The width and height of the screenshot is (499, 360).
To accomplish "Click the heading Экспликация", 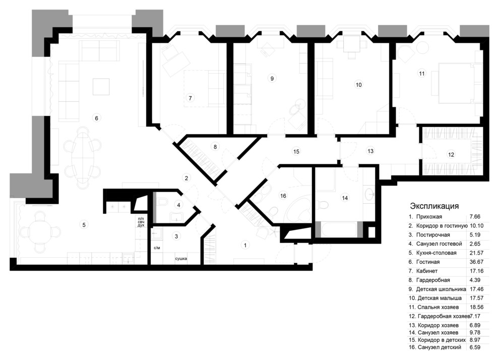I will coord(434,206).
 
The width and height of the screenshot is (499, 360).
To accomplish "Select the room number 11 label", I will coord(422,74).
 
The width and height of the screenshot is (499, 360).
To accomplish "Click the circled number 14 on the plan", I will coord(345,198).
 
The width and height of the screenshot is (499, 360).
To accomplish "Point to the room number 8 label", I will coord(215,147).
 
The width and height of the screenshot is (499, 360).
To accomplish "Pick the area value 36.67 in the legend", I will coord(476,262).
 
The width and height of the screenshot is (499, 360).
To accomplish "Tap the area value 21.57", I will coord(476,253).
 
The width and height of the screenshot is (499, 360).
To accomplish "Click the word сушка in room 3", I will coord(181,259).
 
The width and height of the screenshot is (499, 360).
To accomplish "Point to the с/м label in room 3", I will coord(157,249).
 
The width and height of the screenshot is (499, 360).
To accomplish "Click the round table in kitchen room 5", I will coord(40,231).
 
